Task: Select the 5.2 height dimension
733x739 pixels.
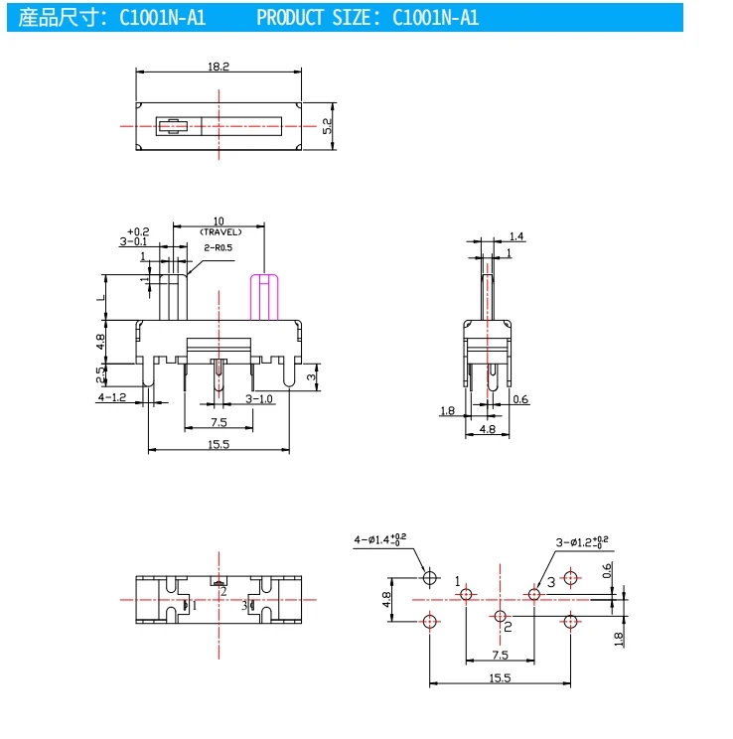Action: click(327, 126)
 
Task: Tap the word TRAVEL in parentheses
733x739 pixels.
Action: click(219, 231)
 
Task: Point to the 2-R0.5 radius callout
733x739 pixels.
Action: click(218, 247)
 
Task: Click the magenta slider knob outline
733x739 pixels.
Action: click(262, 297)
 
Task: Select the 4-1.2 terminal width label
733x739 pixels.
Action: click(111, 398)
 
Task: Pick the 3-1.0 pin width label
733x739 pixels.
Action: click(259, 398)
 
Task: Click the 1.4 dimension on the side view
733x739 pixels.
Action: click(516, 236)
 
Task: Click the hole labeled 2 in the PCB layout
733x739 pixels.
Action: click(499, 616)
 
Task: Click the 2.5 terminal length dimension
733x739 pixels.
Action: click(99, 375)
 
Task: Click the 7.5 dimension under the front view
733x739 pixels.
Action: click(219, 422)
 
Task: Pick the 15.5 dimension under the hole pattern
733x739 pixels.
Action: click(500, 677)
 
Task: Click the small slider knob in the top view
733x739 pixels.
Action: click(173, 126)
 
